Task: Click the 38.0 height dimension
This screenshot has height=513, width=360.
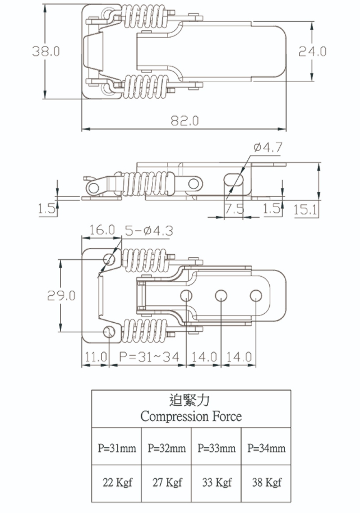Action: click(x=47, y=52)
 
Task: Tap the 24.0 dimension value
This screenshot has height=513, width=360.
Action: click(x=312, y=52)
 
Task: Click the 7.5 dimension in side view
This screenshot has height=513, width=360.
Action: click(x=234, y=209)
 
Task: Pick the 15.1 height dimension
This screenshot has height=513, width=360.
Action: click(x=306, y=209)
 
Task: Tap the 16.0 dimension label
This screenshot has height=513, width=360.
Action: click(x=101, y=231)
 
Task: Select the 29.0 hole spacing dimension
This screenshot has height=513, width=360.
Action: click(x=61, y=296)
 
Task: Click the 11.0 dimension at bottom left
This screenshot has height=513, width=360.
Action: click(x=95, y=357)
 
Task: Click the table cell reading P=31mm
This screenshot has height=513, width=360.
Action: click(x=117, y=448)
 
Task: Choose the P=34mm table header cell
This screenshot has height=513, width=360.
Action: click(x=266, y=448)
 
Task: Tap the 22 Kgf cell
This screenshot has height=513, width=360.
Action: click(x=117, y=482)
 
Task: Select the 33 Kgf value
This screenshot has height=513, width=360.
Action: click(x=216, y=482)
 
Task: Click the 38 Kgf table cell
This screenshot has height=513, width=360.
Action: click(x=266, y=482)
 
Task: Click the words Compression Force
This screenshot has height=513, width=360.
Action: click(x=191, y=416)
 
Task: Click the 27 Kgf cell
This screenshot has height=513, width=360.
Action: click(x=167, y=482)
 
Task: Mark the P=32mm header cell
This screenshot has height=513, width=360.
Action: click(x=167, y=448)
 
